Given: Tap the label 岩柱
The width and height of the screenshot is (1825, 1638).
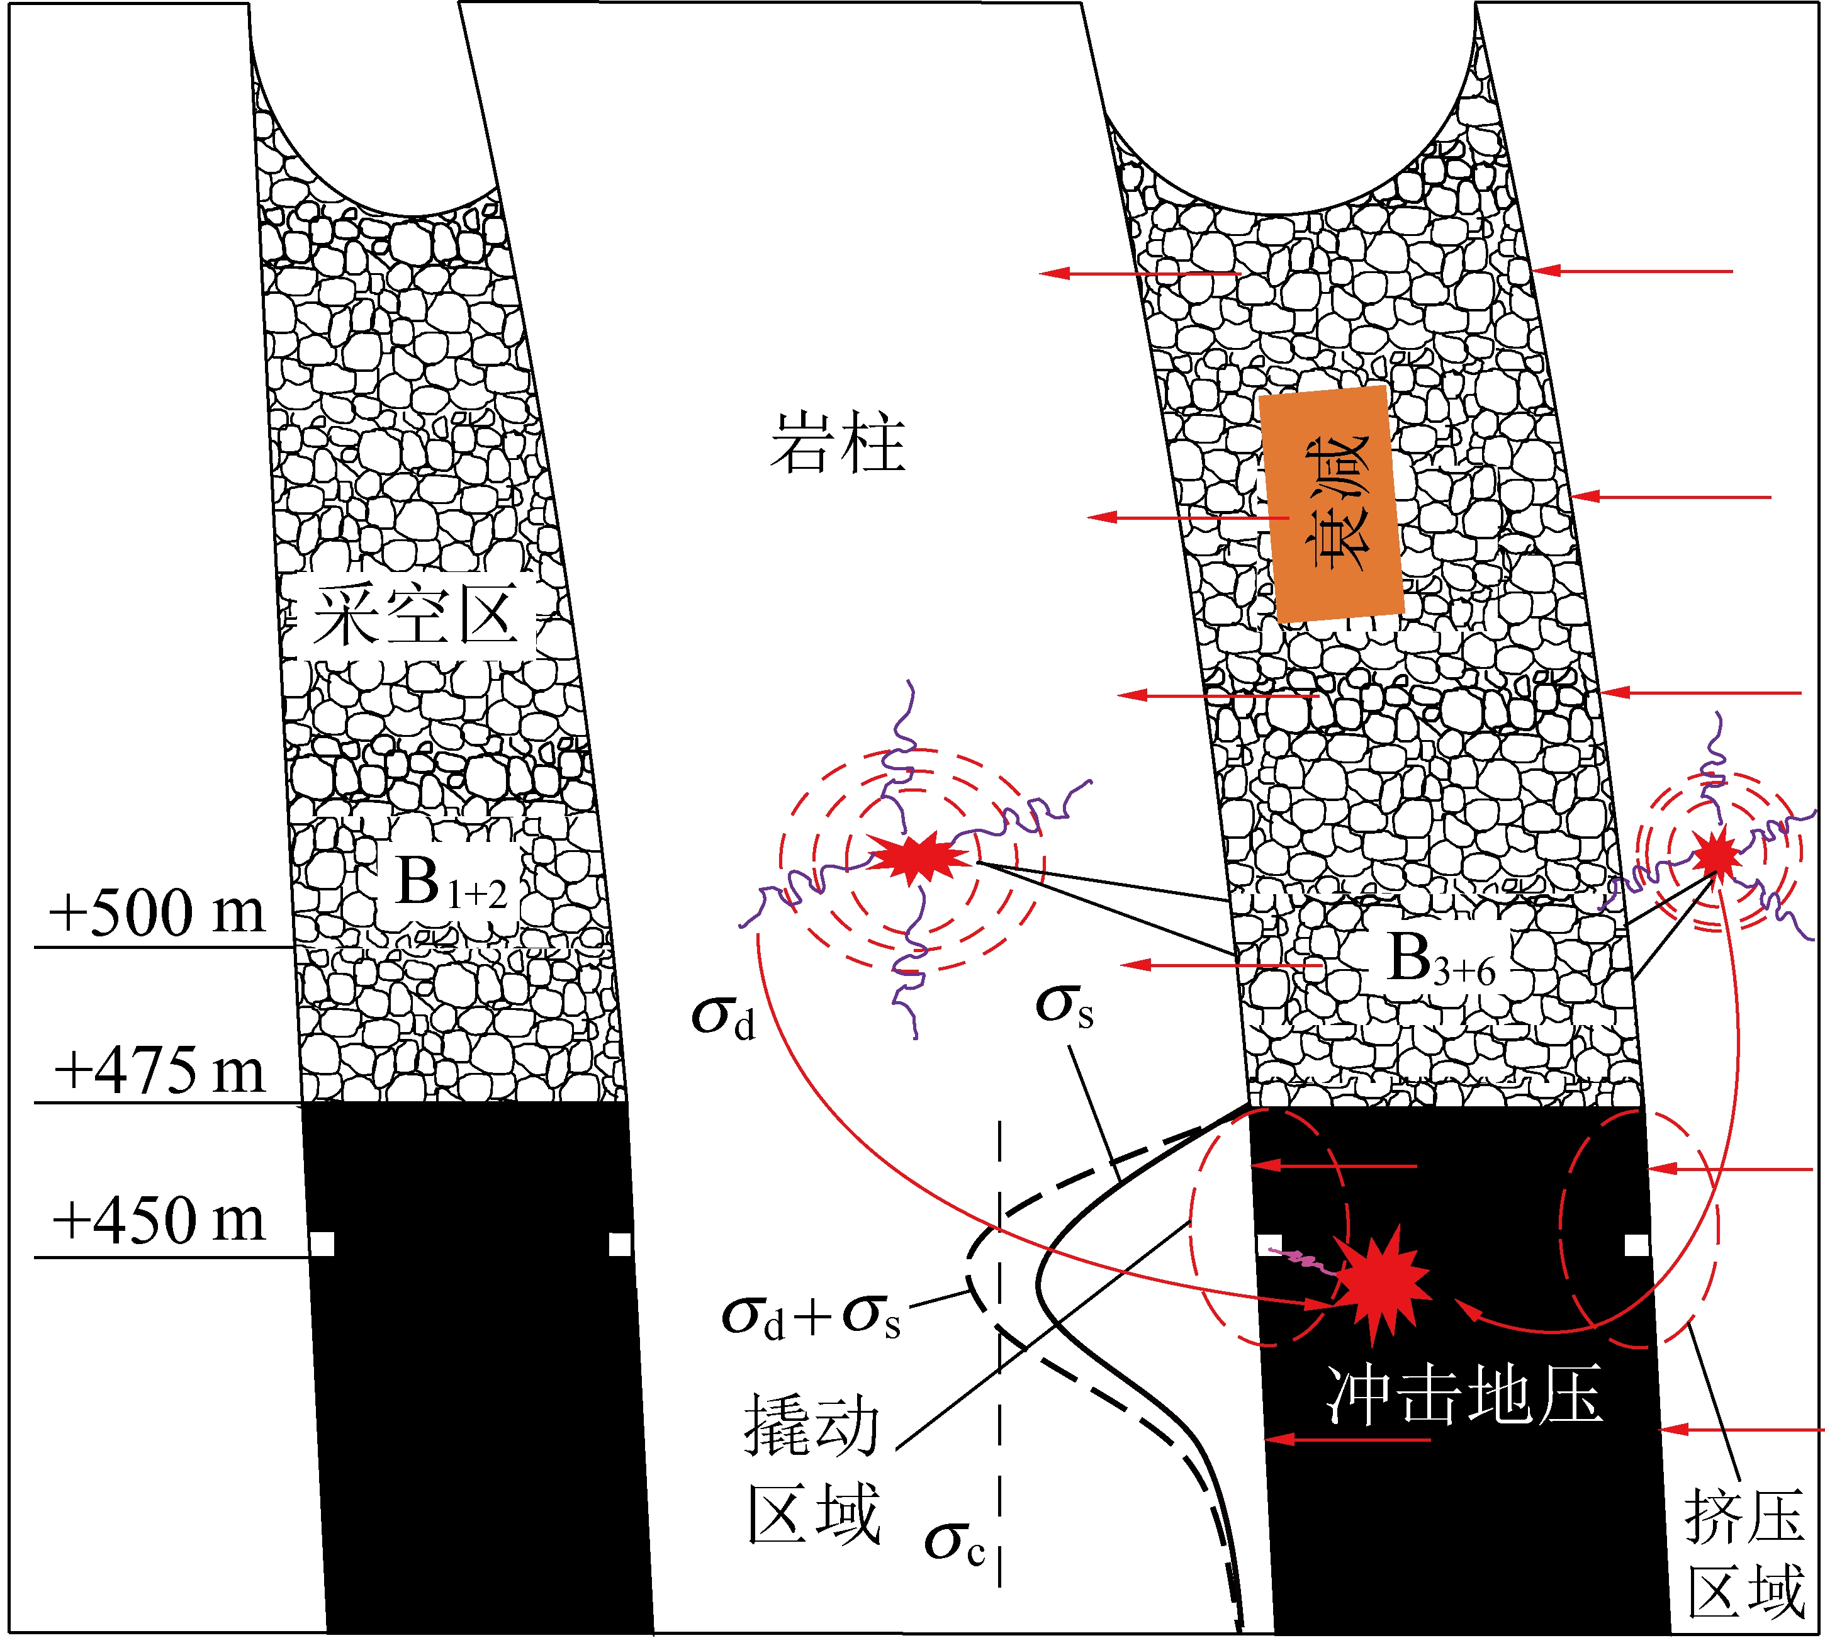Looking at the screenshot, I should tap(837, 443).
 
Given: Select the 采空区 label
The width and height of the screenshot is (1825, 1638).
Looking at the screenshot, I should tap(416, 615).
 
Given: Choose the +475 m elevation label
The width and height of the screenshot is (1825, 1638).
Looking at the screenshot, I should tap(160, 1071).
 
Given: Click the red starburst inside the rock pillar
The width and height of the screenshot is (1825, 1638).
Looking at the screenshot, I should tap(918, 856).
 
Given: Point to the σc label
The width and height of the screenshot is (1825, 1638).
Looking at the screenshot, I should tap(955, 1542).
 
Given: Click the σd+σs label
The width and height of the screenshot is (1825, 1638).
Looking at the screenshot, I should tap(811, 1316).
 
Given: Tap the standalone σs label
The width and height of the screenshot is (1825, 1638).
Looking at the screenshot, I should tap(1065, 1006).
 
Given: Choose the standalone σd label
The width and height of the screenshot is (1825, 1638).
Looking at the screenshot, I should tap(722, 1016).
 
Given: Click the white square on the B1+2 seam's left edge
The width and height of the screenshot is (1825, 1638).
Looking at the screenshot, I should tap(322, 1245).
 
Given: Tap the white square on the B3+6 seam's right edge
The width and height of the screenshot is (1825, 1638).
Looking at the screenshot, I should tap(1637, 1245).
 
